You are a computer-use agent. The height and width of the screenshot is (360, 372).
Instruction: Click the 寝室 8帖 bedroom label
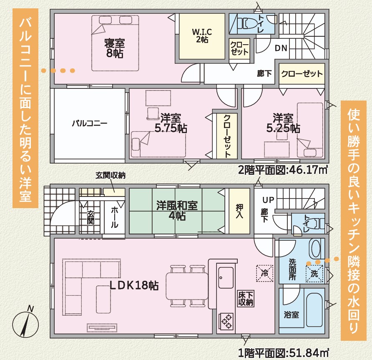[x=114, y=48]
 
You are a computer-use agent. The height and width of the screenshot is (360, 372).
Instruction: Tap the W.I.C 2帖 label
[x=202, y=35]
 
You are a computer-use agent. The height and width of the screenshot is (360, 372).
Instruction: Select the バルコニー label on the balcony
[x=89, y=123]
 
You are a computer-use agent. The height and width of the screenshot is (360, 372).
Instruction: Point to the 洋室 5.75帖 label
[x=171, y=123]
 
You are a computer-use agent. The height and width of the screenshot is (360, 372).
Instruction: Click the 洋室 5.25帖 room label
[x=283, y=123]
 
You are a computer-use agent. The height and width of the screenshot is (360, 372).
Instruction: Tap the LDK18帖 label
[x=134, y=285]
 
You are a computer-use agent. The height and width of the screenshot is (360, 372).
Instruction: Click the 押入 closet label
[x=239, y=211]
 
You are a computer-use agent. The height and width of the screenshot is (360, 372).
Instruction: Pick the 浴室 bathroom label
[x=292, y=315]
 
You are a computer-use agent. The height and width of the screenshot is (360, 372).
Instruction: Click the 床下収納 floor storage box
[x=246, y=299]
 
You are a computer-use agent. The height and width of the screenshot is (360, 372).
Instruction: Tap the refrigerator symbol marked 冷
[x=265, y=273]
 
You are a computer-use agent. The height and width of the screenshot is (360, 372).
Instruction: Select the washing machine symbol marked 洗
[x=314, y=274]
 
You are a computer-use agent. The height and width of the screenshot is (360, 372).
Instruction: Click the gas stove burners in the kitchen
[x=226, y=321]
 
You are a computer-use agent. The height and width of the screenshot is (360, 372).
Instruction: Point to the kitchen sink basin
[x=226, y=278]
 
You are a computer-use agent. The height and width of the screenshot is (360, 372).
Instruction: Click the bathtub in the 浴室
[x=314, y=310]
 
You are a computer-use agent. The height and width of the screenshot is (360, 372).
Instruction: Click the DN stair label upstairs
[x=281, y=48]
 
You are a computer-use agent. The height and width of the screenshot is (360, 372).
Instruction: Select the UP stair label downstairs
[x=268, y=200]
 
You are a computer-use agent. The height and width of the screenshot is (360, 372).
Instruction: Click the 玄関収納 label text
[x=111, y=176]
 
